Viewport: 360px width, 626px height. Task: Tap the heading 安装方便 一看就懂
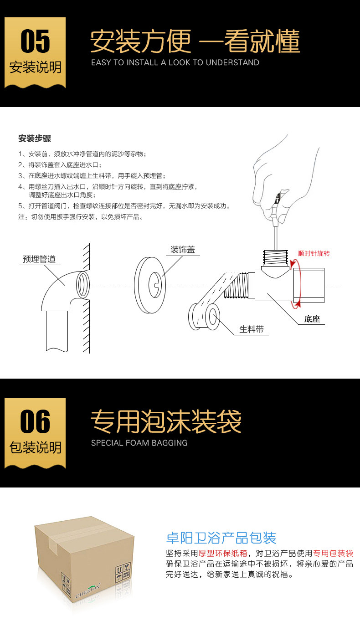point(195,42)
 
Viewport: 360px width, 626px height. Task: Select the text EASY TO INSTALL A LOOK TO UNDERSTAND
point(175,62)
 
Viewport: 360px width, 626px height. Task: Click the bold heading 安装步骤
point(35,139)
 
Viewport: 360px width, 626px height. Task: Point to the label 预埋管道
point(39,259)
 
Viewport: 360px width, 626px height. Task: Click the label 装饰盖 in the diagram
point(182,250)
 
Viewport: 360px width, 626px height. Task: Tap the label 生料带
point(252,329)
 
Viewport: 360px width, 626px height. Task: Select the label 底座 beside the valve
point(312,319)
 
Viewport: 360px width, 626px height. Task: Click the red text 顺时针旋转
point(314,253)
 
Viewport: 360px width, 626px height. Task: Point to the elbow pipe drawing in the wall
point(64,296)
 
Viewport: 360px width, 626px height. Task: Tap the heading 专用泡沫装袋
point(166,421)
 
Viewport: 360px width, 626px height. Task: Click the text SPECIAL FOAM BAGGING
point(139,442)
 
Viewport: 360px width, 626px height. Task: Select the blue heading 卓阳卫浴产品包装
point(221,538)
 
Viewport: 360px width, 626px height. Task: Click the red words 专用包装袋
point(333,553)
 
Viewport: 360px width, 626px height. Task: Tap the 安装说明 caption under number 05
point(35,67)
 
